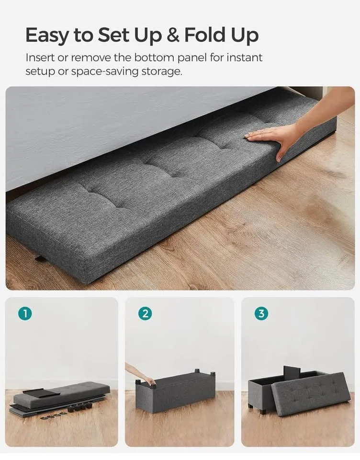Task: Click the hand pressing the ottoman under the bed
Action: click(273, 137)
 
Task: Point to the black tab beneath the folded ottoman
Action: click(40, 259)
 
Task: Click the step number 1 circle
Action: click(25, 314)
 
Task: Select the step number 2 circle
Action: click(145, 314)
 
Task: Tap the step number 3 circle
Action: click(261, 314)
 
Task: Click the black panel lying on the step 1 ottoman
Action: click(42, 392)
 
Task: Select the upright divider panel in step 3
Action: click(292, 372)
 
